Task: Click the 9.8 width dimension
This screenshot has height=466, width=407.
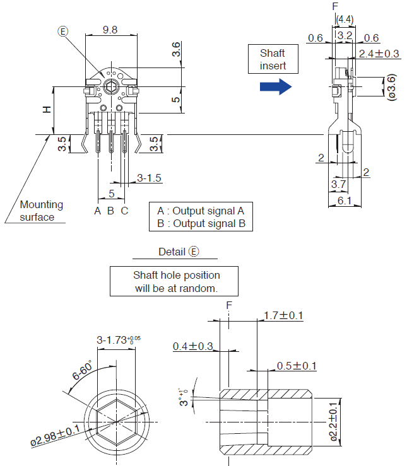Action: (110, 29)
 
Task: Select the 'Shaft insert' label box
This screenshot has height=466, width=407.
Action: (272, 59)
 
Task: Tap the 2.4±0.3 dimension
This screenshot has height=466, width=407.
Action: (379, 54)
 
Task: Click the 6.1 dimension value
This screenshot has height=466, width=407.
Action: (345, 200)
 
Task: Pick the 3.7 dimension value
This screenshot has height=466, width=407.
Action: (338, 184)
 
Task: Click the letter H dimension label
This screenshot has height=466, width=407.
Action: (46, 110)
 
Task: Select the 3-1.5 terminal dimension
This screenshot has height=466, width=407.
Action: (149, 178)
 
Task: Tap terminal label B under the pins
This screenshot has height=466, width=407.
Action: (110, 211)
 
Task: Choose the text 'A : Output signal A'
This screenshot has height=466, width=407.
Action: (201, 211)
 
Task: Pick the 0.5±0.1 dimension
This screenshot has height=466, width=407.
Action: (297, 366)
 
